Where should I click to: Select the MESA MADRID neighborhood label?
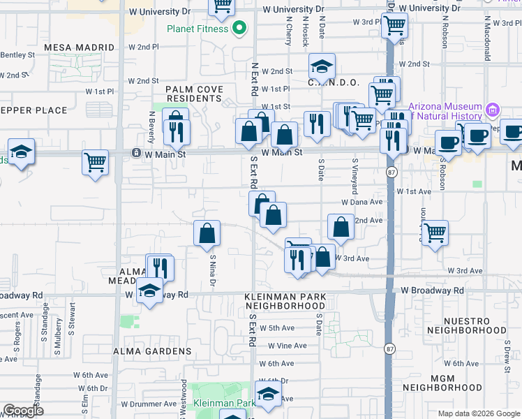(x=79, y=47)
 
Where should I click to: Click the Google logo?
(x=23, y=411)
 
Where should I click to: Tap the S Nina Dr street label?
(x=212, y=270)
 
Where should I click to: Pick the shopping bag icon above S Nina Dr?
(x=207, y=234)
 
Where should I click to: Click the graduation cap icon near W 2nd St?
(x=322, y=66)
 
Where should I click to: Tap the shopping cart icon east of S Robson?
(x=435, y=233)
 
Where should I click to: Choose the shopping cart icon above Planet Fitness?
(x=222, y=7)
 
